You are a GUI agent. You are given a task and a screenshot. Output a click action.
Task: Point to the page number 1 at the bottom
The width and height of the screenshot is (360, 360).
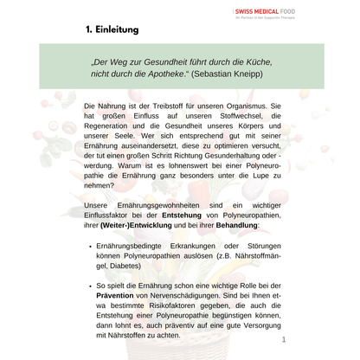pyautogui.click(x=283, y=341)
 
